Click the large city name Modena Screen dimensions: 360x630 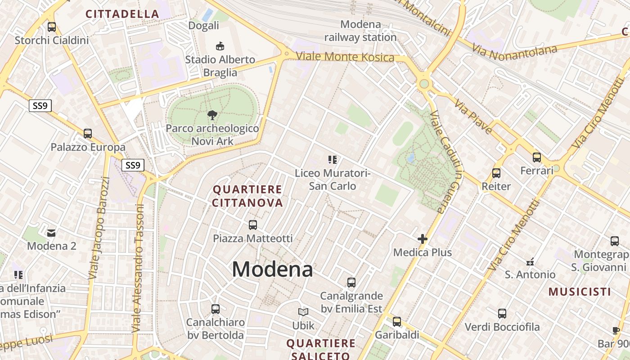[x=272, y=270]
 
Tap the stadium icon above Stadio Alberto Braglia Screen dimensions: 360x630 [x=220, y=45]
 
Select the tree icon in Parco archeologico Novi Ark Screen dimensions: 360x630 [x=212, y=116]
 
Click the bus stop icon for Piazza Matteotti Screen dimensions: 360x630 [x=253, y=225]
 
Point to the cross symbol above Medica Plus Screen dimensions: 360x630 [x=422, y=239]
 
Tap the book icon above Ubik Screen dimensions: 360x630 [x=303, y=312]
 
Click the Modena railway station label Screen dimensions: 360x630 [x=360, y=31]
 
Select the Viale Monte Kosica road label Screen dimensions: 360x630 [x=345, y=57]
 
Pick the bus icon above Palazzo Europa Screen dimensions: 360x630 [x=88, y=134]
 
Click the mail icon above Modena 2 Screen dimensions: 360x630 [x=51, y=233]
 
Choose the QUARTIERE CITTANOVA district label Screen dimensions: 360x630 [x=247, y=196]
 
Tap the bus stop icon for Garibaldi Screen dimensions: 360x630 [x=396, y=322]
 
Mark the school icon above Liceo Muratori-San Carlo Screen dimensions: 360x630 [x=333, y=159]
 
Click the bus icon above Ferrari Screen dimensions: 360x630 [x=537, y=157]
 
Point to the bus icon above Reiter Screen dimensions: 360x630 [x=496, y=173]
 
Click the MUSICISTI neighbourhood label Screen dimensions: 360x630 [x=580, y=292]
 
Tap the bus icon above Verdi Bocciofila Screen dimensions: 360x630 [x=502, y=314]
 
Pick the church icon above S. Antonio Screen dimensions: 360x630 [x=530, y=261]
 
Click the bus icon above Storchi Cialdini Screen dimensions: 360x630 [x=52, y=27]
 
